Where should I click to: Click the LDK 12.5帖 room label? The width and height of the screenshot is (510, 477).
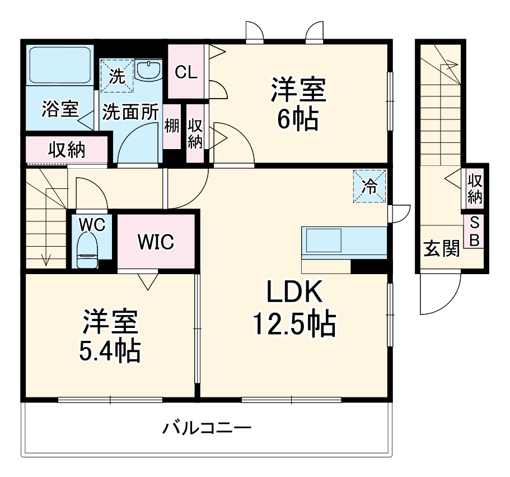click(294, 308)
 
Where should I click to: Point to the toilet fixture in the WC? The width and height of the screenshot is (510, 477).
click(88, 251)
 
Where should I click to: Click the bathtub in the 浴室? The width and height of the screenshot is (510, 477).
click(60, 65)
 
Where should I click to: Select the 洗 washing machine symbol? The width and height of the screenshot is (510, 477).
click(117, 76)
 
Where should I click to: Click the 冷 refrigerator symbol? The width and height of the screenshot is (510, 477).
click(369, 186)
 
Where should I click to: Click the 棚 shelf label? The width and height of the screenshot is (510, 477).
click(171, 127)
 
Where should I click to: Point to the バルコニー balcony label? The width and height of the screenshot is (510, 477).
click(207, 429)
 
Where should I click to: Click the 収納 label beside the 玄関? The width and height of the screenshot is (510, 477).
click(475, 189)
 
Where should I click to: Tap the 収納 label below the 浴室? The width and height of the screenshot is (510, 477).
click(66, 150)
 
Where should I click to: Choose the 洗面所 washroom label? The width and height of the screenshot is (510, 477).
click(130, 111)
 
